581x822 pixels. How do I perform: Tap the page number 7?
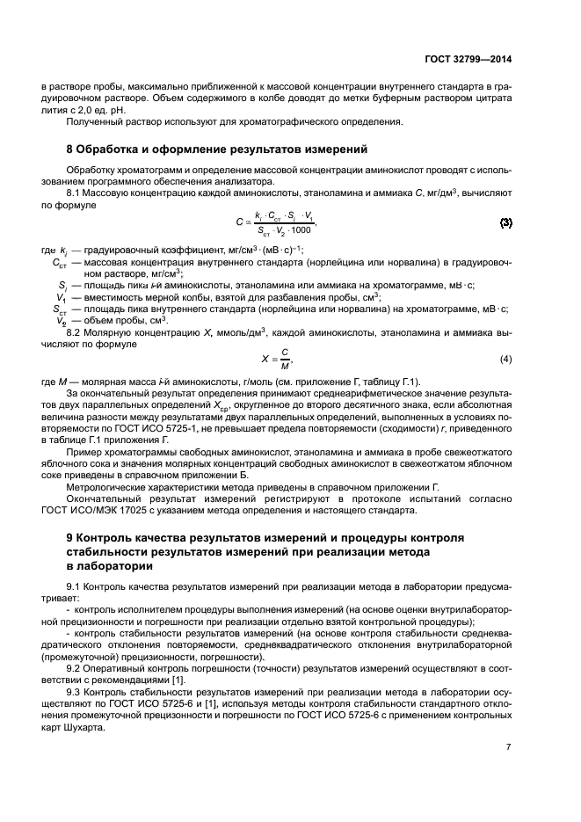click(x=509, y=746)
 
